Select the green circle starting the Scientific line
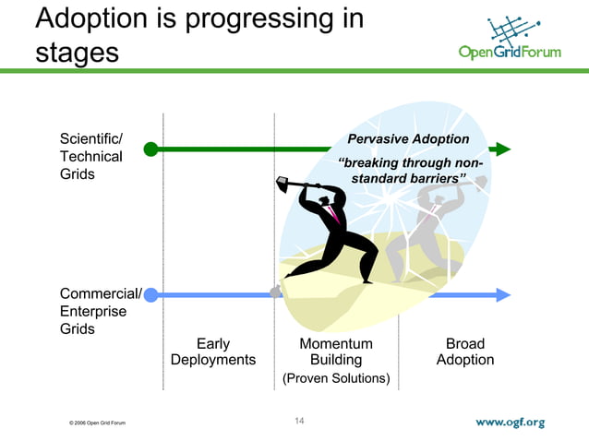150,149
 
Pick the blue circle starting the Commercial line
150,295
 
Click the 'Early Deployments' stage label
213,352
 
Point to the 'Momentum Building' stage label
336,352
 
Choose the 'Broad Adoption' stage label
465,352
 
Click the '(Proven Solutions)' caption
336,378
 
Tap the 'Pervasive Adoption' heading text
407,139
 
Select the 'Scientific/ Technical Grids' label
91,156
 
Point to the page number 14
299,422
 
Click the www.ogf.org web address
511,423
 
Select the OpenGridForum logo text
509,53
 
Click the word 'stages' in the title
78,52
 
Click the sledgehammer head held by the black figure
282,185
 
